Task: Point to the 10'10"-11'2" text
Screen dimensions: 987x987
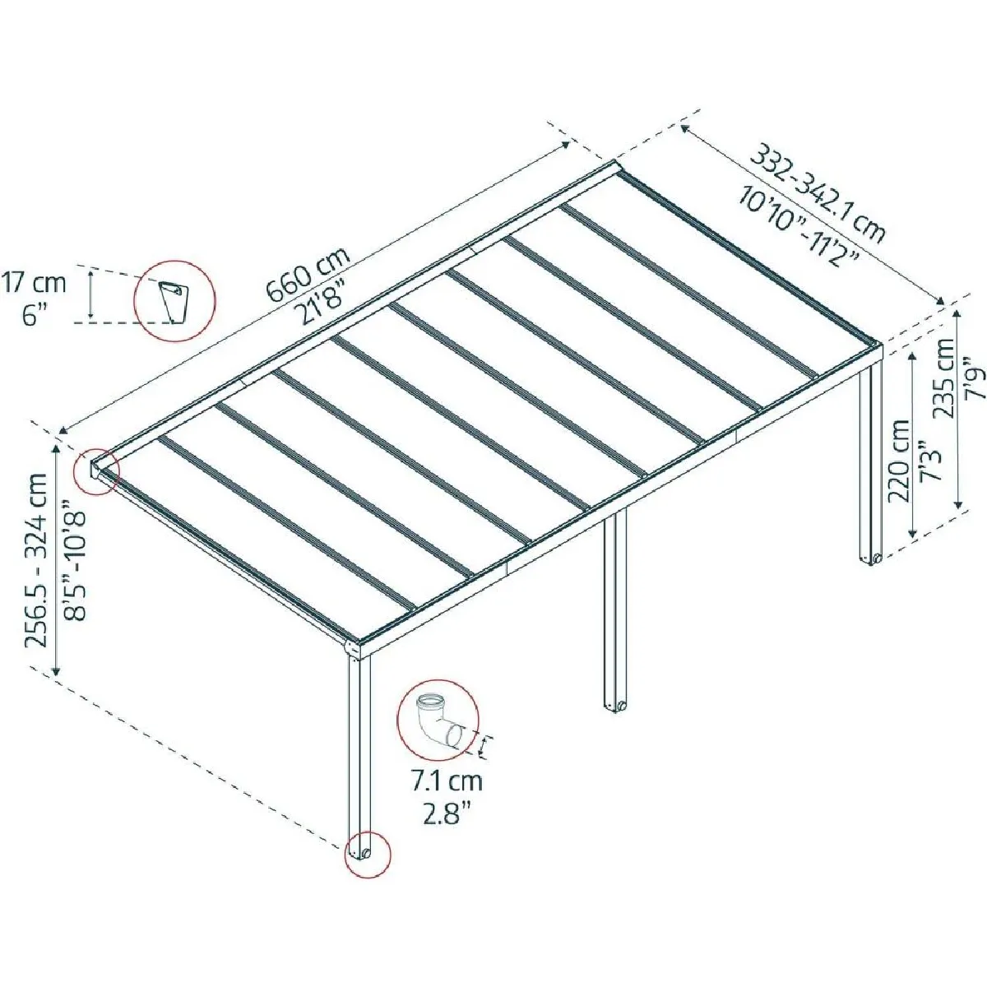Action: click(x=798, y=225)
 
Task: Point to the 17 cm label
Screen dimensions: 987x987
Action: click(x=34, y=284)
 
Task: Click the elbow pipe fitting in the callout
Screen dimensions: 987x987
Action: click(x=438, y=721)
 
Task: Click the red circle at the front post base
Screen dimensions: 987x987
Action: click(x=367, y=854)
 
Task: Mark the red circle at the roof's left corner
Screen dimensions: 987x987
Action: click(x=95, y=471)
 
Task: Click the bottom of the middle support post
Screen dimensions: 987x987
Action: click(x=616, y=707)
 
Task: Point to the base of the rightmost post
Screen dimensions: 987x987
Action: click(x=871, y=559)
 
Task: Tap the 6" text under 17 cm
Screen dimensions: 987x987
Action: click(x=34, y=316)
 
